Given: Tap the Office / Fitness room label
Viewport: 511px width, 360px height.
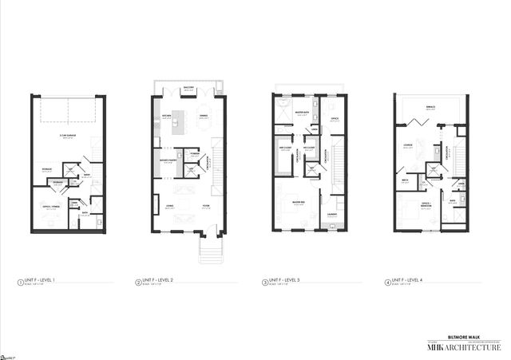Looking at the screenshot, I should (53, 206).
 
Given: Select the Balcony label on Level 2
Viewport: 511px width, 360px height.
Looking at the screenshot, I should (188, 89).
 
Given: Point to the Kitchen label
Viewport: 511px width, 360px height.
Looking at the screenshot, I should (168, 115).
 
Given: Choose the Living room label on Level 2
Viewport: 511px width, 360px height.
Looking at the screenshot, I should (169, 205).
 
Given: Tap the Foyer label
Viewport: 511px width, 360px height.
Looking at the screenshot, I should (204, 205).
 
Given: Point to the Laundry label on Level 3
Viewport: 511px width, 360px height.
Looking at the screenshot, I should (331, 214).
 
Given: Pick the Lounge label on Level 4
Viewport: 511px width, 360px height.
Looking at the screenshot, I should (407, 144).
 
